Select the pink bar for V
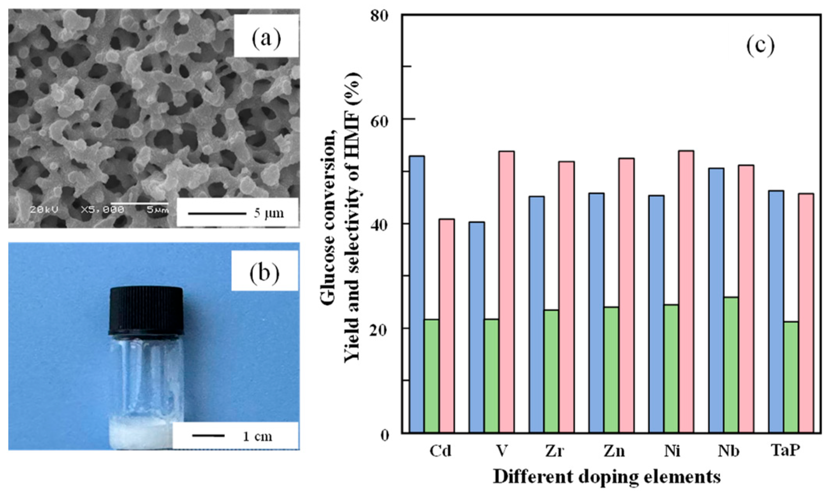(506, 292)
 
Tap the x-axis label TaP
(785, 450)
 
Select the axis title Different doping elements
(607, 476)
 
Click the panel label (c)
(760, 46)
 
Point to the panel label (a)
(266, 39)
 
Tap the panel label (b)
(264, 272)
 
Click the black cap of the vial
(146, 311)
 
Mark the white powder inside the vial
(139, 434)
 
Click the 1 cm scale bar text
(257, 436)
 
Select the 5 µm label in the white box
(269, 213)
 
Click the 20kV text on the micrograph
(44, 210)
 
